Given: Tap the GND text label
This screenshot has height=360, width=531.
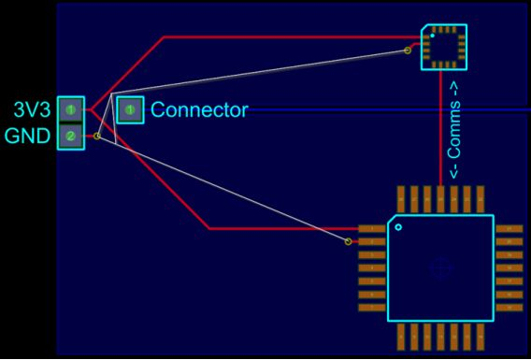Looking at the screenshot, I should (29, 137).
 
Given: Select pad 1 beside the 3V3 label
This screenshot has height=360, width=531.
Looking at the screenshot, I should (70, 109).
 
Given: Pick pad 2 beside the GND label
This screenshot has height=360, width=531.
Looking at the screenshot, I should (70, 137).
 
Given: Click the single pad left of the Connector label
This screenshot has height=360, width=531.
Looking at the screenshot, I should (130, 110).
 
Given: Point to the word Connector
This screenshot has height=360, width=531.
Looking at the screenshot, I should (199, 110).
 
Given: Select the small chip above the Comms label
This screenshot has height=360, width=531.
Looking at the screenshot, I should (443, 47).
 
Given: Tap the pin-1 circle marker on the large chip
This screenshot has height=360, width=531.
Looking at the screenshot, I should (398, 226).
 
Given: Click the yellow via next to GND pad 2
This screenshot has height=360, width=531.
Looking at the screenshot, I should (97, 137).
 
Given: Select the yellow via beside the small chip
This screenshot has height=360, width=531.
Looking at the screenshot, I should (408, 50).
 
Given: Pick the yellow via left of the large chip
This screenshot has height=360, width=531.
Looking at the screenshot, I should (349, 241).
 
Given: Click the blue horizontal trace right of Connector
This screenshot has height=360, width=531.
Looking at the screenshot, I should (374, 110).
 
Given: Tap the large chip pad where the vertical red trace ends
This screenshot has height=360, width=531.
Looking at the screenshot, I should (440, 198).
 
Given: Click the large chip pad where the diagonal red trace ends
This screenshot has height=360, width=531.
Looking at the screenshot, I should (372, 228).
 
